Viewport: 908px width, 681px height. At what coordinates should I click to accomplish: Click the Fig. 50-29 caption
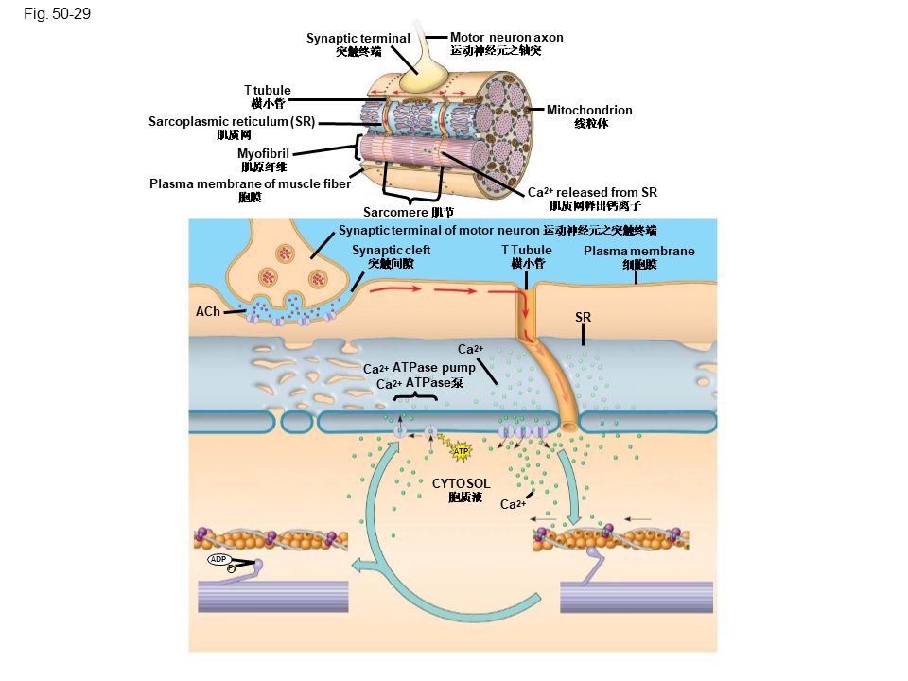pos(59,14)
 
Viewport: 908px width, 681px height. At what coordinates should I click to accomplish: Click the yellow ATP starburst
pos(462,451)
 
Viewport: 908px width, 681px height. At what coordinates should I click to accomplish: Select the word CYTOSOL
pos(462,483)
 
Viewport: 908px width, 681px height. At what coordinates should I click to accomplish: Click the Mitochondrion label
pos(590,111)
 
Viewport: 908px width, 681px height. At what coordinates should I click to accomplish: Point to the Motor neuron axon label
pos(506,38)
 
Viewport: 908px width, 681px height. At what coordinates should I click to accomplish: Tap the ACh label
pos(207,311)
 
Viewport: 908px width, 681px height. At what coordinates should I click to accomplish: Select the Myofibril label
pos(263,153)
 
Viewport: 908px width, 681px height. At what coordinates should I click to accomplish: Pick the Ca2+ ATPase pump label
pos(419,369)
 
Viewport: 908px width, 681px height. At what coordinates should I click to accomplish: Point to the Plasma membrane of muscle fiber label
pos(250,183)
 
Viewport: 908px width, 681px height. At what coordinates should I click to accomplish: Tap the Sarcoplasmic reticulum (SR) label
pos(232,122)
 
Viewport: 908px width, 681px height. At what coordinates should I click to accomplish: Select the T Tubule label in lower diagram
pos(527,251)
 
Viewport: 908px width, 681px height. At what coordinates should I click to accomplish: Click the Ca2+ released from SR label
pos(592,192)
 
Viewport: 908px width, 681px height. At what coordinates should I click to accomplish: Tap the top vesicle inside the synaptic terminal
pos(286,253)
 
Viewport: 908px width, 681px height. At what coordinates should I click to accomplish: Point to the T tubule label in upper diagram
pos(267,90)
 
